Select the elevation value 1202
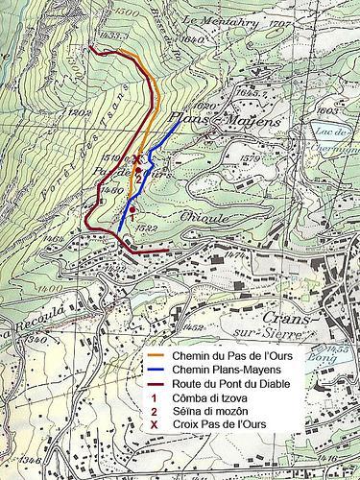coord(81,112)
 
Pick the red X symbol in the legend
coord(155,424)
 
